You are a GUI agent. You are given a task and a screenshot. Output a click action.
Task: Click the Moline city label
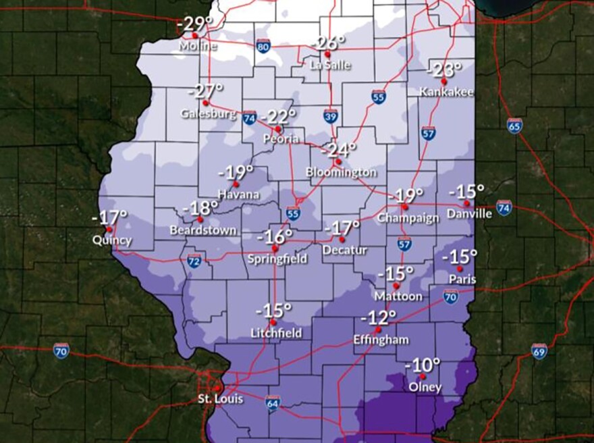(x=198, y=47)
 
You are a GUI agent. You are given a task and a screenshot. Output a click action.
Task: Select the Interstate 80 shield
(x=264, y=46)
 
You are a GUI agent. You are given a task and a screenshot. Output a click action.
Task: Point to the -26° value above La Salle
(x=328, y=43)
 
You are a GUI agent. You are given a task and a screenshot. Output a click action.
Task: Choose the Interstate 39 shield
(x=330, y=115)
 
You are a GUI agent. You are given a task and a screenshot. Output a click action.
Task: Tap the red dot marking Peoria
(x=277, y=128)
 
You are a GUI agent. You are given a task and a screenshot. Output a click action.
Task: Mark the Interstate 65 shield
(x=514, y=125)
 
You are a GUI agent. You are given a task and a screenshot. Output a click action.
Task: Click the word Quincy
(x=112, y=240)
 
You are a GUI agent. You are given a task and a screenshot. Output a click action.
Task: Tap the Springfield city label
(x=277, y=259)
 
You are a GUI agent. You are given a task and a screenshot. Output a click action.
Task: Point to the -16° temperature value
(x=275, y=236)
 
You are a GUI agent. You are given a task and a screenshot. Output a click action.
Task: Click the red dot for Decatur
(x=342, y=239)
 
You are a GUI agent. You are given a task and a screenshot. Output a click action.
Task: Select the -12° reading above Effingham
(x=378, y=317)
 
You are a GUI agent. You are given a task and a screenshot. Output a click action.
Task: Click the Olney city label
(x=425, y=387)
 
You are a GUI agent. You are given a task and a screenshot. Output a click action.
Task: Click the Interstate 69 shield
(x=539, y=351)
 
